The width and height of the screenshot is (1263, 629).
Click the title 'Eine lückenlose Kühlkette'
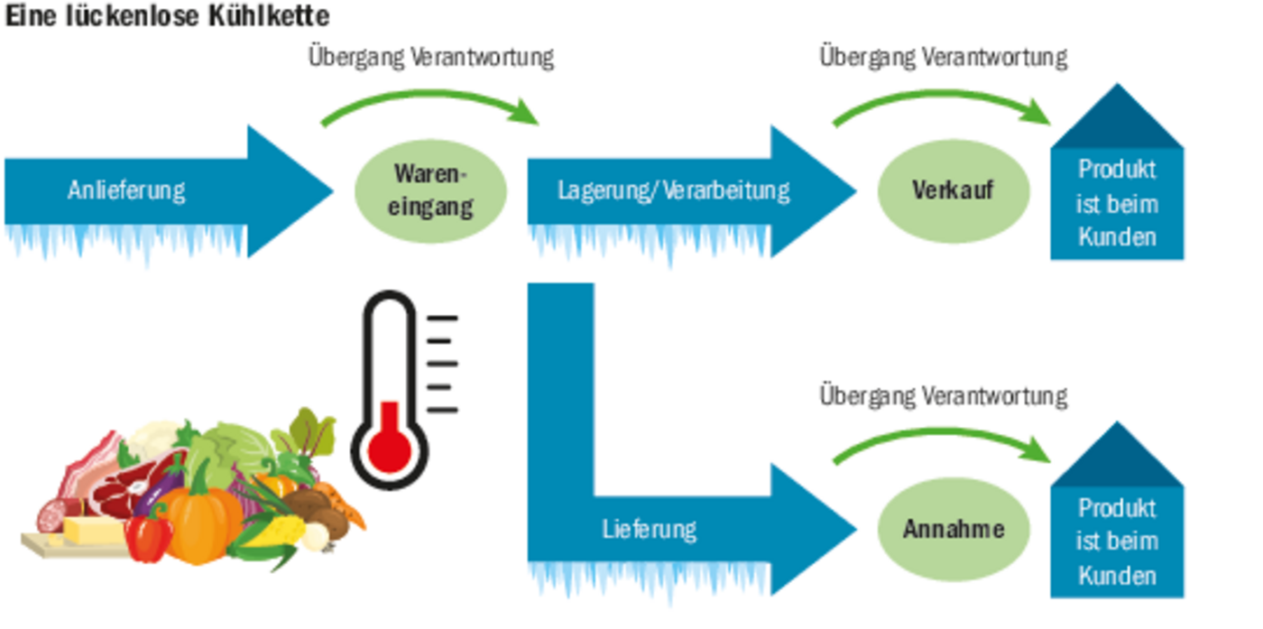(x=167, y=15)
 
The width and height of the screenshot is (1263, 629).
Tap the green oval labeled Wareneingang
(x=432, y=190)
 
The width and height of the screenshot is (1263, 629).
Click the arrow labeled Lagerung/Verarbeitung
(x=672, y=190)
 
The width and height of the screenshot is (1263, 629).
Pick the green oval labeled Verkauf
(x=954, y=190)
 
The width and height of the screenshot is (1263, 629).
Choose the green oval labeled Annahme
(x=954, y=529)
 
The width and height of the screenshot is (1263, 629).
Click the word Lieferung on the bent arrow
(x=649, y=529)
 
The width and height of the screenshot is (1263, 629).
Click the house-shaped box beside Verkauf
(x=1117, y=190)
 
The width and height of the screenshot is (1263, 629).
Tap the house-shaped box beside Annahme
(x=1117, y=528)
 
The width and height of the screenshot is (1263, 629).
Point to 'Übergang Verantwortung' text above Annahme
(x=943, y=396)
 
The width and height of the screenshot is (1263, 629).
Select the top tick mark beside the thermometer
(x=442, y=319)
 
